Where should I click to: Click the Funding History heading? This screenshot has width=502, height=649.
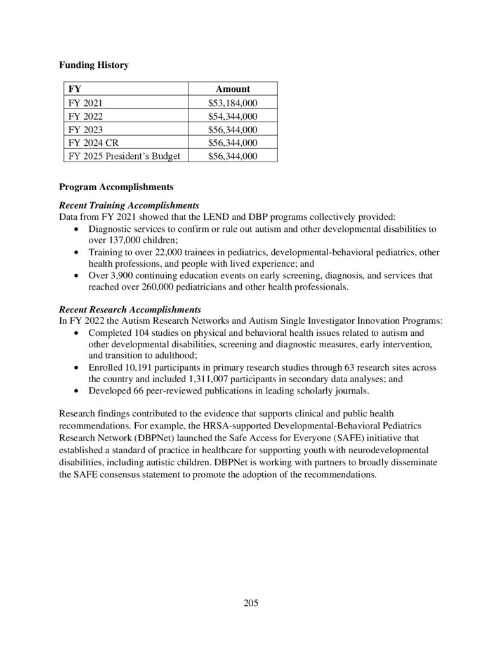coord(93,65)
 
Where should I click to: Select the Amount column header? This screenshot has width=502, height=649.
coord(232,89)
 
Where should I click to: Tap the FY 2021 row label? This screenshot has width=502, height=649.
coord(84,103)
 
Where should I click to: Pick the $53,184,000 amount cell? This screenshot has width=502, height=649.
coord(232,103)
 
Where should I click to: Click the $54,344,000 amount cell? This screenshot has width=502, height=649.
coord(232,116)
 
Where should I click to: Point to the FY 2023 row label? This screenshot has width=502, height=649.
coord(84,129)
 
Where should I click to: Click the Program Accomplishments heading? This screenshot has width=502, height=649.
coord(116,188)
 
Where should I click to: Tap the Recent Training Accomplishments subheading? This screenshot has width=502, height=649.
coord(129,206)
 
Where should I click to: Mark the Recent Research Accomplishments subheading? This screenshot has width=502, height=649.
coord(129,309)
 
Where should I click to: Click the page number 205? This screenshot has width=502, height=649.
coord(251,603)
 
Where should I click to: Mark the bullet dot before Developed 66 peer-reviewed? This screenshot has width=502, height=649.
coord(77,390)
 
